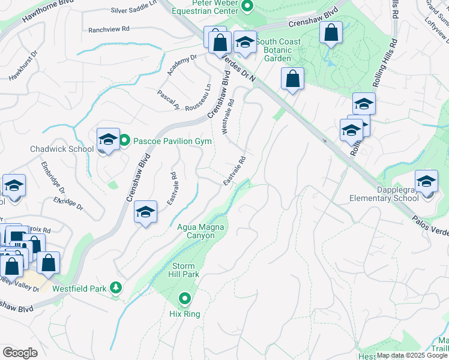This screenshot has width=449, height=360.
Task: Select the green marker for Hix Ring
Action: (185, 298)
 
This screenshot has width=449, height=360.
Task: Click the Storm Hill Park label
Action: (186, 270)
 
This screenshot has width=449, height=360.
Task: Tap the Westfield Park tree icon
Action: (116, 289)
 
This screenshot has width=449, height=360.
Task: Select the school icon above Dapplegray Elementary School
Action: (427, 181)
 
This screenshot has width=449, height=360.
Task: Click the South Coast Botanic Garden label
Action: (277, 50)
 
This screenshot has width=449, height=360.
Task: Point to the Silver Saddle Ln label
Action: (133, 11)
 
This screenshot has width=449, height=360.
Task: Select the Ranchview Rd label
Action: (109, 29)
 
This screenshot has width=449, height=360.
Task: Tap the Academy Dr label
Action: (182, 65)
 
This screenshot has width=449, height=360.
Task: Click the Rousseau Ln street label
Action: (199, 97)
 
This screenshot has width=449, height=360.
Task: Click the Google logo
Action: (20, 353)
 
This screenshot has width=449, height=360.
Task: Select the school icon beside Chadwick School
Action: (108, 140)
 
